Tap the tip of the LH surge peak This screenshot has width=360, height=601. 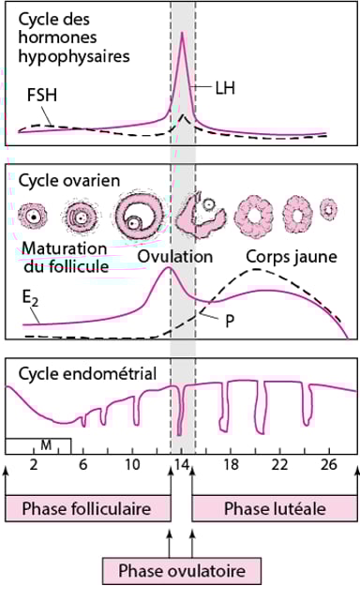pos(182,33)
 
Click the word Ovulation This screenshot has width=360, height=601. pos(175,256)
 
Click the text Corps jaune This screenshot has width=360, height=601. pos(285,256)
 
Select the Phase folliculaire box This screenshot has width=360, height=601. pos(88,508)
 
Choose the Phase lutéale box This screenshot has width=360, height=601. pos(275,508)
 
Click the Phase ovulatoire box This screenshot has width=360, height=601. pos(181,569)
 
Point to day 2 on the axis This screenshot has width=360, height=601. pos(34,464)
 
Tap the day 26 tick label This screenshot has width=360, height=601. pos(327,464)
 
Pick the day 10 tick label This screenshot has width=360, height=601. pos(132,464)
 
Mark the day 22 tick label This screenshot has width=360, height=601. pos(278,464)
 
